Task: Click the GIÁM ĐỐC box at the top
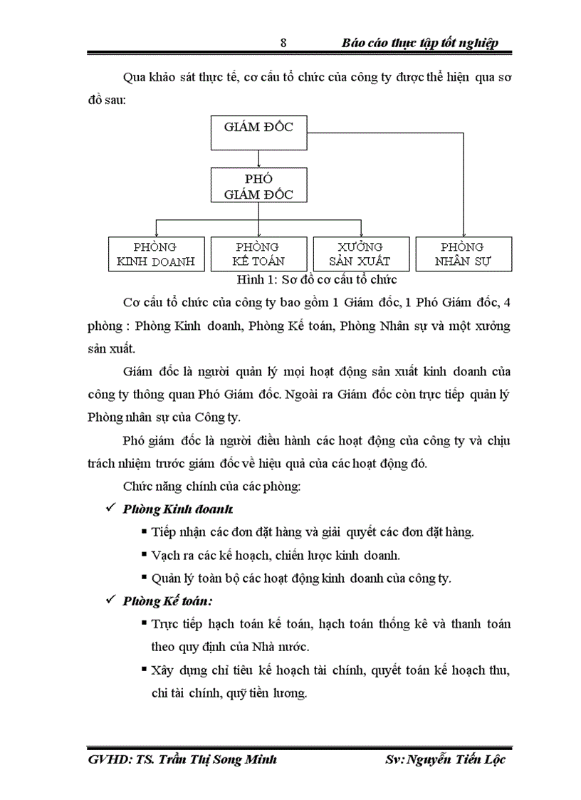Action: click(258, 133)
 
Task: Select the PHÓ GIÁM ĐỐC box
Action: click(258, 186)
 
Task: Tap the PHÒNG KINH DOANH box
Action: click(156, 254)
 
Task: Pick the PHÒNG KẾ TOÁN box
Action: click(258, 254)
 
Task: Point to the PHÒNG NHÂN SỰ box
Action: click(464, 254)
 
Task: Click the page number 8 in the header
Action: click(283, 43)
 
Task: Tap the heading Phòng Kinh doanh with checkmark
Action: click(177, 510)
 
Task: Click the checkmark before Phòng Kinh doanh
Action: click(110, 509)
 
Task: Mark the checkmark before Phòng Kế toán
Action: click(110, 600)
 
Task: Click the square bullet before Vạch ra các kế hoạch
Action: click(145, 554)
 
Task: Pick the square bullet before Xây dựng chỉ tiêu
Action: click(145, 670)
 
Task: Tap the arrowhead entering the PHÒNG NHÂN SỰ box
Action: click(464, 234)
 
